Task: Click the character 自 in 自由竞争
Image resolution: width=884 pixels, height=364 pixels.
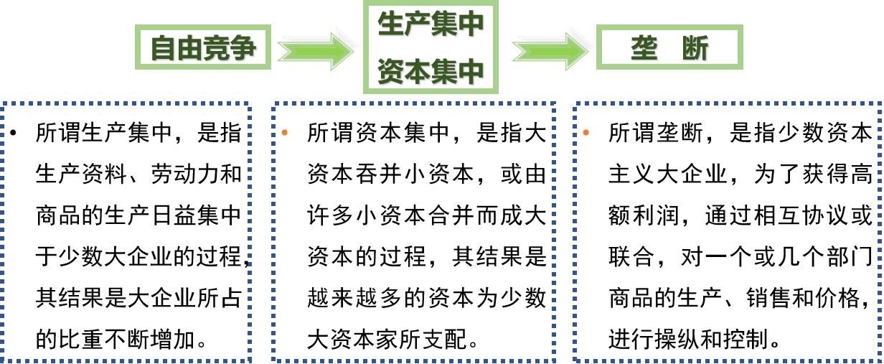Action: point(164,48)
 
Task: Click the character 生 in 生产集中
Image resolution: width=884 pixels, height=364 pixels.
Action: point(391,24)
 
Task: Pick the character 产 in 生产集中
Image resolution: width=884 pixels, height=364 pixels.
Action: point(418,24)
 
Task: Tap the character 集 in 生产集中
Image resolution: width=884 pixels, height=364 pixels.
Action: point(444,24)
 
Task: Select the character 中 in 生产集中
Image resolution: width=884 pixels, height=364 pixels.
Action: point(471,24)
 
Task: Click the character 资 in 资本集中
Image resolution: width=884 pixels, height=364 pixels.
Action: point(391,72)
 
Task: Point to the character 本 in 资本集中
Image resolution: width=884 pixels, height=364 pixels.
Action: point(418,72)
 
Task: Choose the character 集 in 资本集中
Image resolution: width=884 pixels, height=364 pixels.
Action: point(444,72)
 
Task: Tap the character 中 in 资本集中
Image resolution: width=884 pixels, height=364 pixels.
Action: point(471,72)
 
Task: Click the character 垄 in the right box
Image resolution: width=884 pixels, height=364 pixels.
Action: point(645,48)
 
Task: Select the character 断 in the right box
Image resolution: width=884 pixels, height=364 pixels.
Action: point(695,48)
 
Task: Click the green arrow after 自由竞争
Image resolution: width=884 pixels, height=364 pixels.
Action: point(316,49)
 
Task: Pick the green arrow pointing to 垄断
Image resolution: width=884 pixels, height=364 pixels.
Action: point(551,49)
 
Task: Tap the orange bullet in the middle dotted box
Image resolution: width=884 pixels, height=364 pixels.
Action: point(285,132)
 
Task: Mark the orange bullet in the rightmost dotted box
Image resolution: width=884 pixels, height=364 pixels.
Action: point(586,132)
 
